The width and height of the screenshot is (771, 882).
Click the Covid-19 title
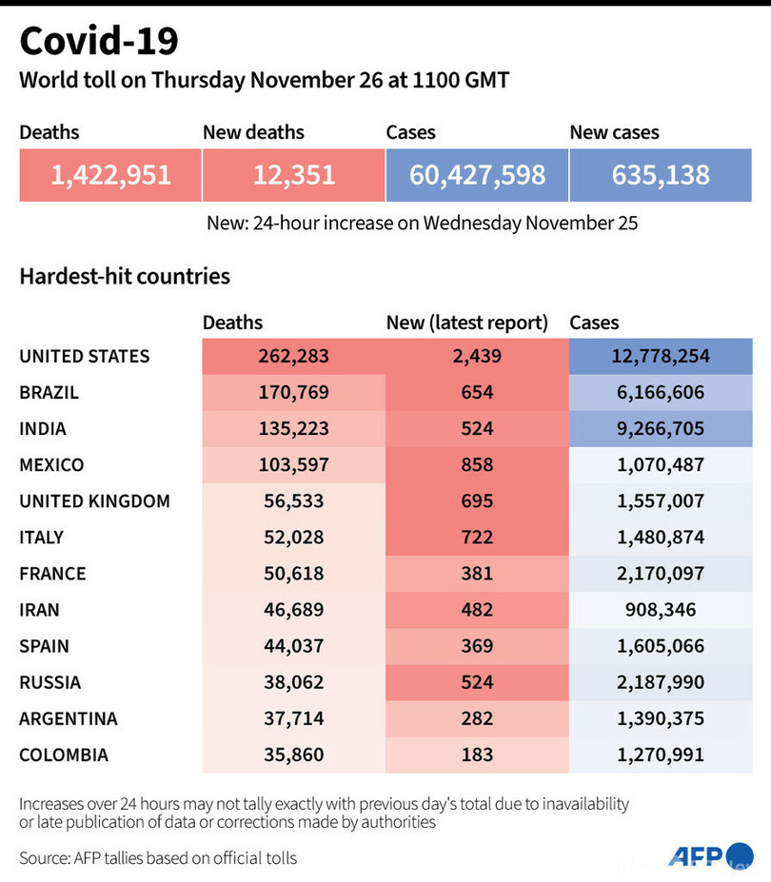tap(99, 41)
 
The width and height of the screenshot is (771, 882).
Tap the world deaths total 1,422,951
tap(110, 175)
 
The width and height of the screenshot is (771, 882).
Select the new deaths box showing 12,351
tap(293, 175)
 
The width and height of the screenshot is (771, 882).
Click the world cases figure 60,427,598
tap(477, 175)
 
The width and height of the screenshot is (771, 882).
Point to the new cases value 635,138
tap(661, 175)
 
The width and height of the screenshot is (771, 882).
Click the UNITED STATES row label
tap(85, 357)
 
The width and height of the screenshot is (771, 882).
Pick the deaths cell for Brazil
tap(293, 393)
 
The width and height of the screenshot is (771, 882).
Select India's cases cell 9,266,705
tap(661, 429)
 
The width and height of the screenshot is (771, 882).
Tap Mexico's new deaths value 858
tap(476, 465)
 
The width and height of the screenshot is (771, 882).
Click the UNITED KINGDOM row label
tap(94, 501)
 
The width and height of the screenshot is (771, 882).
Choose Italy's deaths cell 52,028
tap(293, 538)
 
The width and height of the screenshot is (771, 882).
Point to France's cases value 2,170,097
tap(661, 574)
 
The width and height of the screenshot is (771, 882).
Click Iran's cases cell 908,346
tap(661, 610)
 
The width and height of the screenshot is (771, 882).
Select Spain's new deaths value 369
tap(476, 646)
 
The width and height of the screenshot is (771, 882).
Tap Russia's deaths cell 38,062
tap(293, 682)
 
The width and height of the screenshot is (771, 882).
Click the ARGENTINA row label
tap(68, 718)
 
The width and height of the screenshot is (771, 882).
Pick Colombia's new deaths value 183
tap(476, 755)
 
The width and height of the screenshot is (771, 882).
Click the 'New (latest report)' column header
tap(467, 323)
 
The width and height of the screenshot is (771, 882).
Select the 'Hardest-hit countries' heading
tap(125, 277)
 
